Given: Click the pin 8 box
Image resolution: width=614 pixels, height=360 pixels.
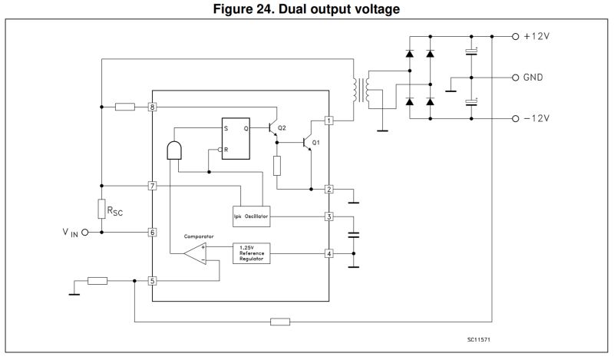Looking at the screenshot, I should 153,107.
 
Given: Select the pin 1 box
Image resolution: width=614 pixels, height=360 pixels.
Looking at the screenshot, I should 329,121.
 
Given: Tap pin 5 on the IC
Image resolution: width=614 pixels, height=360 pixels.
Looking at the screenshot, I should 153,281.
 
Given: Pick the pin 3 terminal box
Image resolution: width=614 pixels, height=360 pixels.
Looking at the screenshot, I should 329,216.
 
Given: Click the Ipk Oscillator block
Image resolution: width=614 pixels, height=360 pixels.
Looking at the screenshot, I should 251,216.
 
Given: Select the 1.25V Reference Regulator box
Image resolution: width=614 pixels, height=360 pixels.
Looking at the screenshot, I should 251,253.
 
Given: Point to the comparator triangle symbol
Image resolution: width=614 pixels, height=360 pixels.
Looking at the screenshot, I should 195,254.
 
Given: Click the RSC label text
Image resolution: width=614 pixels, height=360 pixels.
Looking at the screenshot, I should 116,210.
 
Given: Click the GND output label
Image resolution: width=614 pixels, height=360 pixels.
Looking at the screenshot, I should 534,78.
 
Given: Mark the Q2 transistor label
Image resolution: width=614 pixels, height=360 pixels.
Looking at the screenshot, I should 282,127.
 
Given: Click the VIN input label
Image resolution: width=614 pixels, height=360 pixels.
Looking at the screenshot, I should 70,232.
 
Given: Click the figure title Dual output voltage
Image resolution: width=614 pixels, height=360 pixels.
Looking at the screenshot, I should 307,8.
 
